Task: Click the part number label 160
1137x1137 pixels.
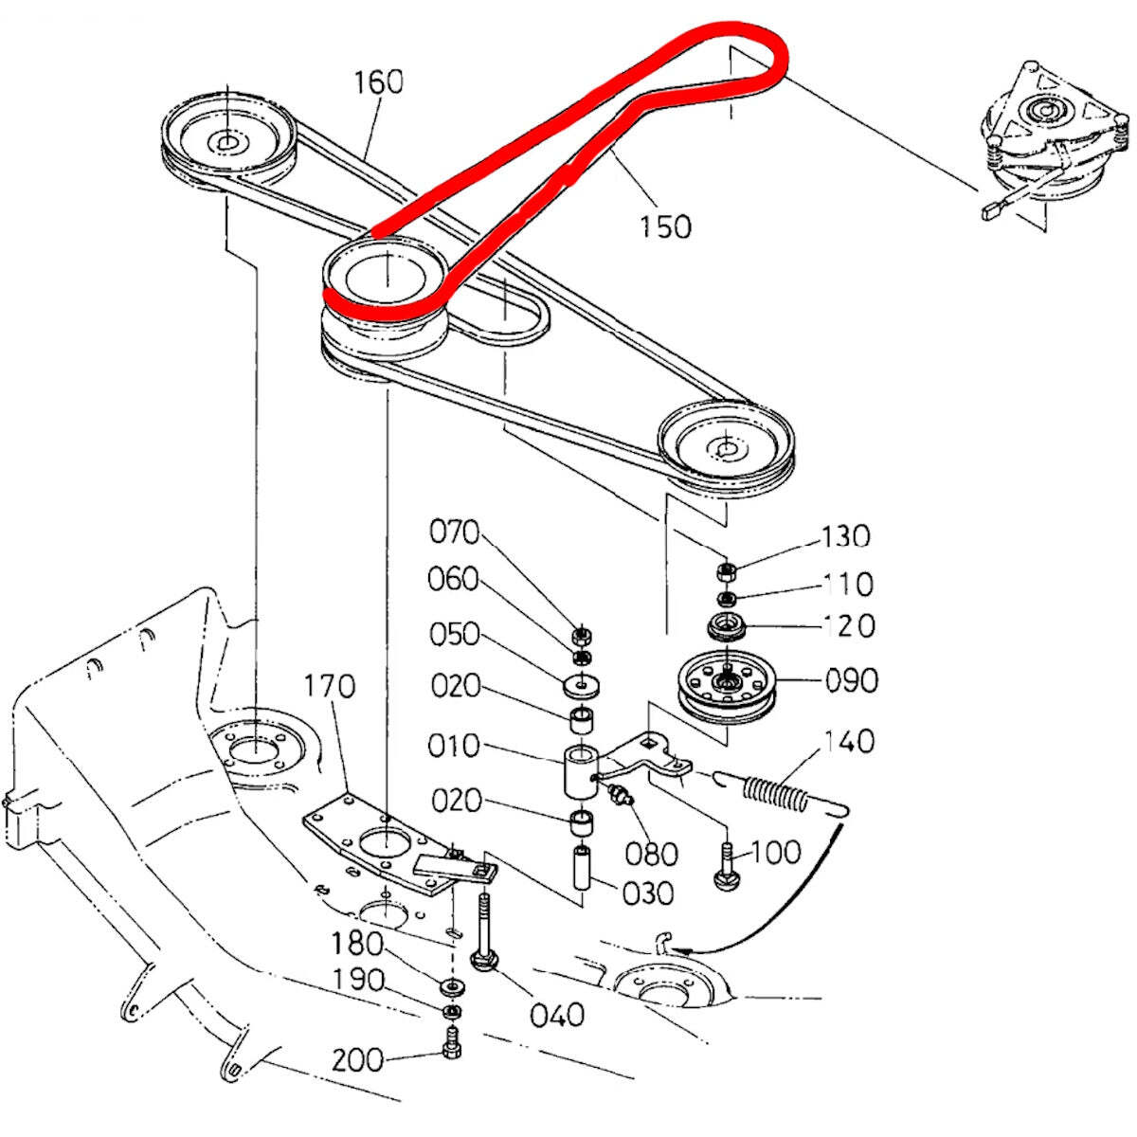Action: (x=379, y=82)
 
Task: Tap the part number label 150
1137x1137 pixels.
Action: (x=665, y=226)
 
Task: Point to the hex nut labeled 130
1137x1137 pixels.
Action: (x=728, y=571)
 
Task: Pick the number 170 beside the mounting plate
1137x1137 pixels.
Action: (x=330, y=686)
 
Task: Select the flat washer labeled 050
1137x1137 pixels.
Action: (x=581, y=682)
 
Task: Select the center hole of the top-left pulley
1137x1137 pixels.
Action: (x=227, y=143)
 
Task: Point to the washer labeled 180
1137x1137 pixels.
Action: (x=452, y=986)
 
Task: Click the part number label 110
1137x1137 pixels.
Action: (x=848, y=584)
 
